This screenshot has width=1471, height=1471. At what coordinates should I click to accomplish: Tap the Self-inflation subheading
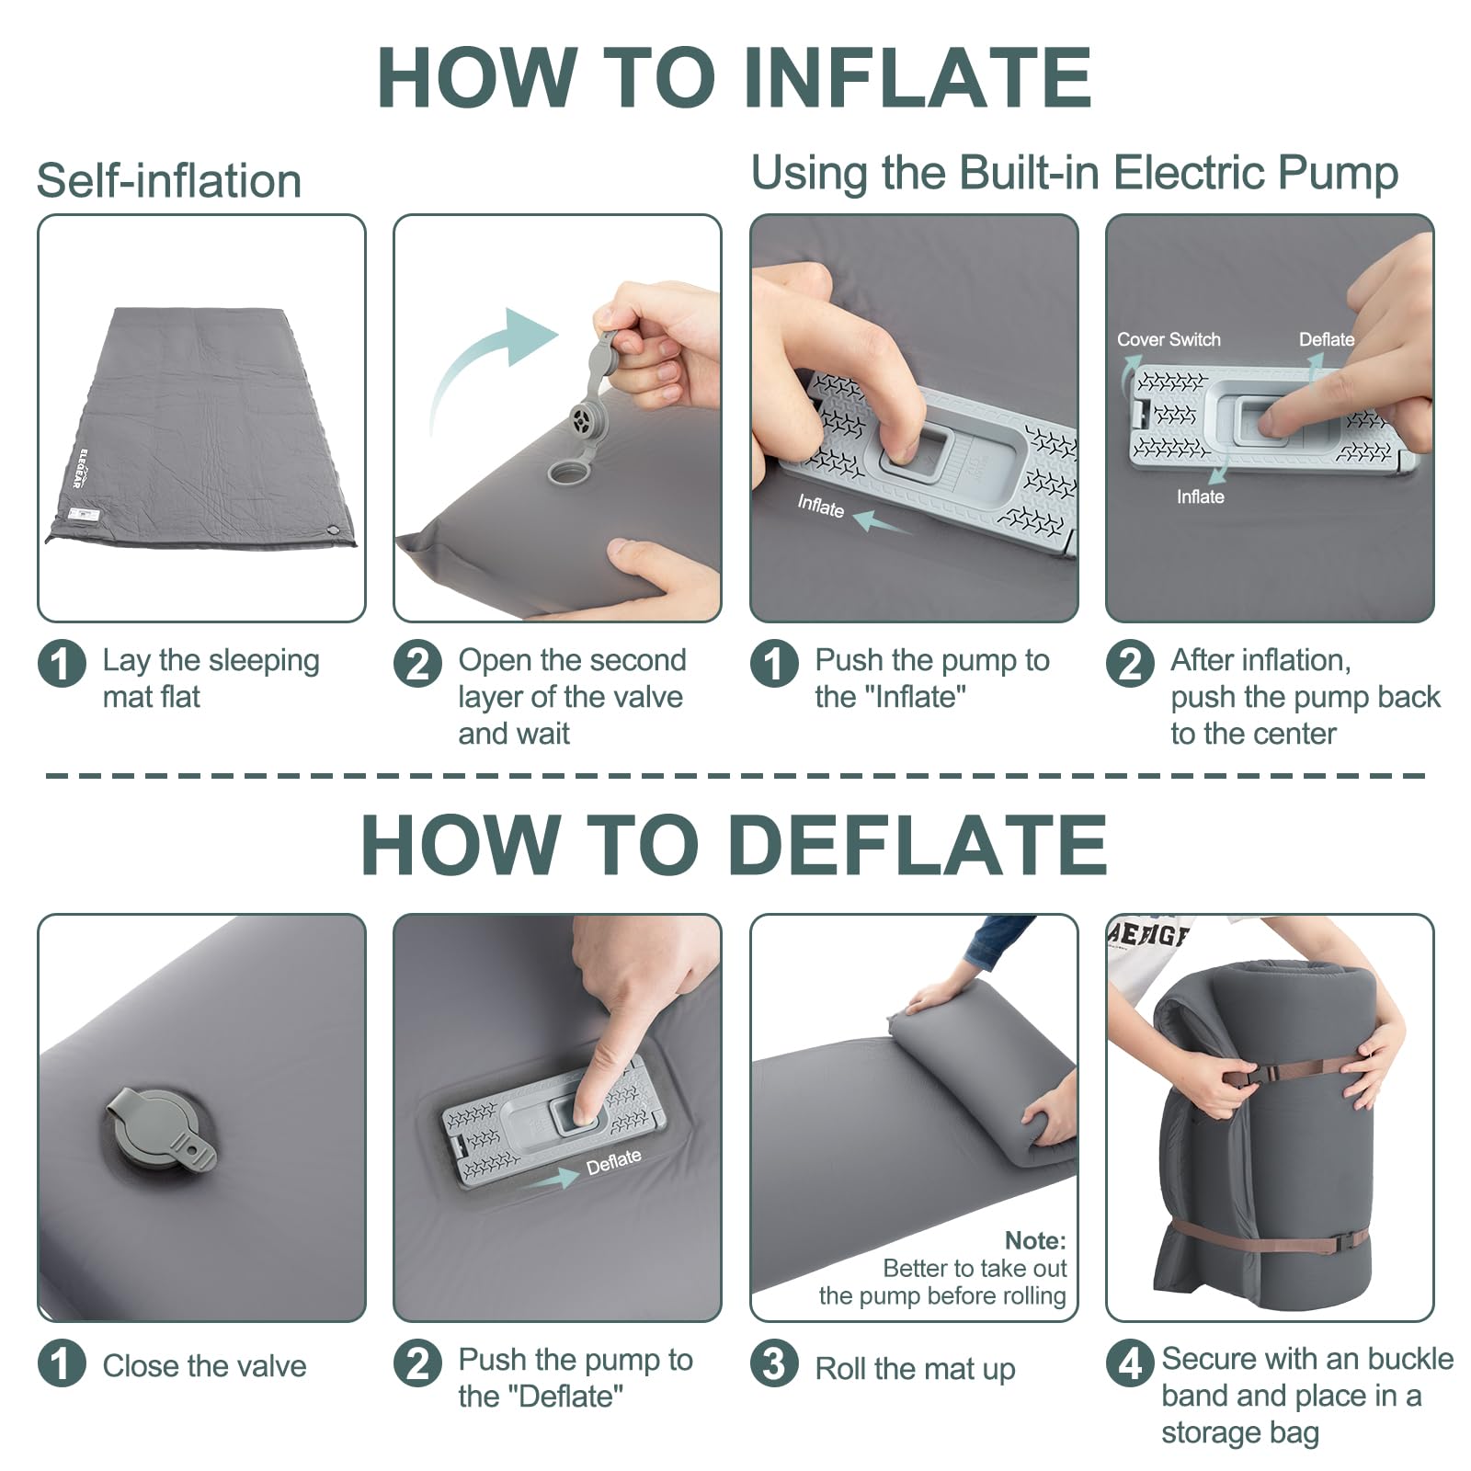click(x=169, y=180)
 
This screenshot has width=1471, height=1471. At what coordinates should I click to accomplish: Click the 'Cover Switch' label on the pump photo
click(x=1169, y=339)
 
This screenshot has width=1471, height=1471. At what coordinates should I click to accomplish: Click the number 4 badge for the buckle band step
click(x=1130, y=1363)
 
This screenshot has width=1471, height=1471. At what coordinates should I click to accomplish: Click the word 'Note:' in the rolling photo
click(x=1035, y=1240)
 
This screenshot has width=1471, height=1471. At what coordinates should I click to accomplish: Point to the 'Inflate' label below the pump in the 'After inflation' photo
click(x=1200, y=496)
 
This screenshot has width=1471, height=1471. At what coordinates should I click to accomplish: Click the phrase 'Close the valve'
click(x=204, y=1365)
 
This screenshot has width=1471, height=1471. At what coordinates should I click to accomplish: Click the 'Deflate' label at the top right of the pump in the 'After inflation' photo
click(x=1327, y=339)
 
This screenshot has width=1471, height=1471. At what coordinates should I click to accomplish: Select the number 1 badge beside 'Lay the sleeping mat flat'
click(x=62, y=663)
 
